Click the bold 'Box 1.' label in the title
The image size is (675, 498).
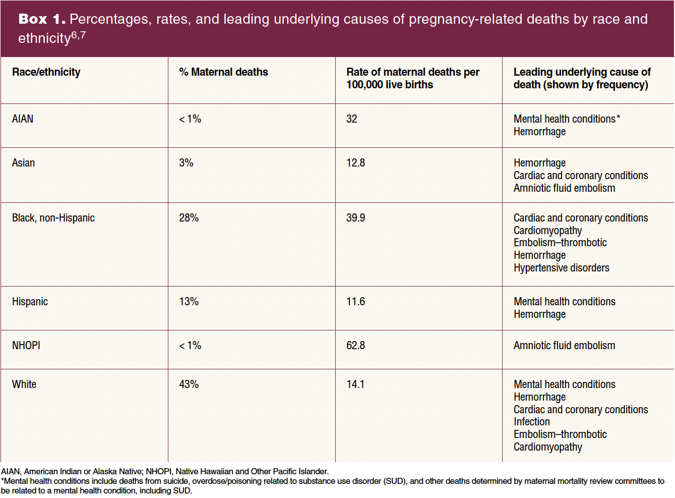pos(42,19)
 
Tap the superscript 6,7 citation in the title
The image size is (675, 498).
pos(79,35)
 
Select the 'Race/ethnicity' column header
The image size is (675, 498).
pos(46,72)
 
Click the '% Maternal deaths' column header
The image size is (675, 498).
pos(223,72)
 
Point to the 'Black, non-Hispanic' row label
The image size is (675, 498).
pos(53,218)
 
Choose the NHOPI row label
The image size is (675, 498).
pos(26,346)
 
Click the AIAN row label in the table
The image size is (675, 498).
pos(23,119)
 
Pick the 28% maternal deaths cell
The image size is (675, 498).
pos(189,218)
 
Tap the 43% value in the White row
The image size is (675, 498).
pos(189,384)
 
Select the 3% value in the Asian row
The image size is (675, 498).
pos(186,163)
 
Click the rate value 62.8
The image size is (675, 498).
pos(355,346)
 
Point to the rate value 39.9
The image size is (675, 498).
pos(355,218)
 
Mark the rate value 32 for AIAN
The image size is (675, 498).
pos(351,119)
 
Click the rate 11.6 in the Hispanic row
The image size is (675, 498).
pos(355,302)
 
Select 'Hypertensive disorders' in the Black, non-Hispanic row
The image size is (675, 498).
pos(561,268)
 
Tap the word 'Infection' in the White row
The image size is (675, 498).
pos(531,422)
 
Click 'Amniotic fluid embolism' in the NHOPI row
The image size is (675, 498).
pos(564,346)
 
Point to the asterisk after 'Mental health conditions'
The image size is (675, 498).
pos(619,118)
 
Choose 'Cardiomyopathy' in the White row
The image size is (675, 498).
pos(547,447)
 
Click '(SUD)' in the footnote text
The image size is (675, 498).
pos(395,481)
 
